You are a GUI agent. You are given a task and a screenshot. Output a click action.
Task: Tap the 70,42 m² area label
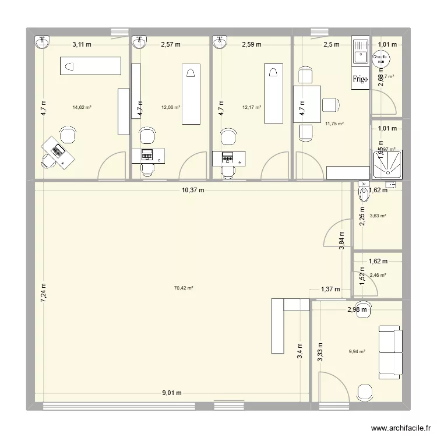click(x=184, y=288)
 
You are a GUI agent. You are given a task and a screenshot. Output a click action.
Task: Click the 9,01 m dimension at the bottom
click(x=171, y=393)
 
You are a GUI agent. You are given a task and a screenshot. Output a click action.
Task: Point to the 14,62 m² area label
click(x=82, y=107)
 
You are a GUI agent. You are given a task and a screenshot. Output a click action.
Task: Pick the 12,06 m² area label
click(x=171, y=107)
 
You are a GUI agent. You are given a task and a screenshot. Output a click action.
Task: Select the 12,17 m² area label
click(x=251, y=107)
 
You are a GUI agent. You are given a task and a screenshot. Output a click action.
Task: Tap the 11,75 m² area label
click(x=334, y=124)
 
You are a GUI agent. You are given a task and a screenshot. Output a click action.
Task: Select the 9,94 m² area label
click(x=357, y=351)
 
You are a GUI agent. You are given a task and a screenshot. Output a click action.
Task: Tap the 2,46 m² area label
click(x=378, y=275)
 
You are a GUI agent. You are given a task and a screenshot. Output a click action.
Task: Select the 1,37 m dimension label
click(x=330, y=289)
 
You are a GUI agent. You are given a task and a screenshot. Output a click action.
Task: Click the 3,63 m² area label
click(x=378, y=216)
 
